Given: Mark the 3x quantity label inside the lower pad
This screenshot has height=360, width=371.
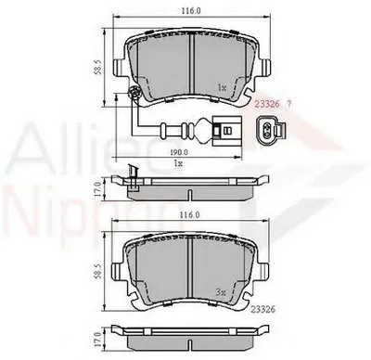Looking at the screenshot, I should [220, 290].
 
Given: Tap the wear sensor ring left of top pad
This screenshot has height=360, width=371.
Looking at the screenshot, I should [135, 94].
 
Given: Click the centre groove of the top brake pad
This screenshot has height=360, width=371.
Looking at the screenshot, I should [189, 65].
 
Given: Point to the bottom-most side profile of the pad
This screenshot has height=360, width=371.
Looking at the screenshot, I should [189, 331].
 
